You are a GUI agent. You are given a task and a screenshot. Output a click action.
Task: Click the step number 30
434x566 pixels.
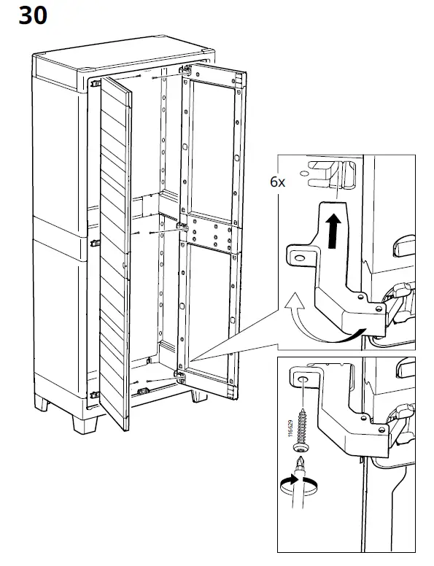[x=33, y=16]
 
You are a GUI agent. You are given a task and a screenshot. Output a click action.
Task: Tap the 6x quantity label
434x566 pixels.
[x=277, y=182]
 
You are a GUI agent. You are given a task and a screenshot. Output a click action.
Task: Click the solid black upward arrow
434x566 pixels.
[x=334, y=231]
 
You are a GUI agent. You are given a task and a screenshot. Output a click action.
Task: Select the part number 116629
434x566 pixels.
[x=290, y=428]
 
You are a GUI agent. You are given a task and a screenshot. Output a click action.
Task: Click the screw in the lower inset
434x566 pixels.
[x=301, y=430]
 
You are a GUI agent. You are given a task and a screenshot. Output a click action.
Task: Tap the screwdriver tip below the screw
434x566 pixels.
[x=299, y=463]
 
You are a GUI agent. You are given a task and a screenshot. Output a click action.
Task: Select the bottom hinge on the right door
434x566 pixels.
[x=179, y=376]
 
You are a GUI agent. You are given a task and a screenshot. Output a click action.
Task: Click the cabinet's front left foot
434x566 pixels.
[x=85, y=424]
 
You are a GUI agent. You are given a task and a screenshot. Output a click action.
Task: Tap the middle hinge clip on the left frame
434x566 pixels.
[x=96, y=243]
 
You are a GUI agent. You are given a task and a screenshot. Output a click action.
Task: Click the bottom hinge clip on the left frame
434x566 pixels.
[x=95, y=395]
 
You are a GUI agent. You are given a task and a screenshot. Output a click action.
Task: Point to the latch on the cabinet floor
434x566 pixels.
[x=144, y=390]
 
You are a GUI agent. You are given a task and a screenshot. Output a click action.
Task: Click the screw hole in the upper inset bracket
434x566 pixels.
[x=299, y=257]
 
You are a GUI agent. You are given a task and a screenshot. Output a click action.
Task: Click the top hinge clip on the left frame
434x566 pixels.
[x=96, y=84]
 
